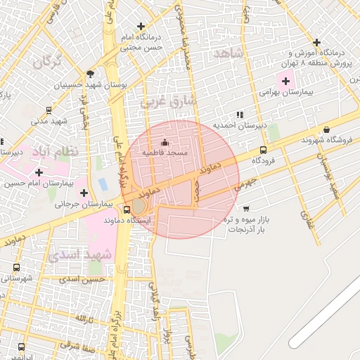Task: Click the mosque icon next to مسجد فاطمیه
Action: (165, 143)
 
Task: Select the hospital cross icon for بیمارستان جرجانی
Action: (84, 193)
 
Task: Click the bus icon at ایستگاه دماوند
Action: (127, 209)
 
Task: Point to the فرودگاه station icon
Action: (263, 150)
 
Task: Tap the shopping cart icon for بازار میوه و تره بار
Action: (245, 208)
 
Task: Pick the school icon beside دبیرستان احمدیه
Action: (240, 114)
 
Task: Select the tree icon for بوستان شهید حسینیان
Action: (89, 74)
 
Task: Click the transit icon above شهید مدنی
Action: (48, 110)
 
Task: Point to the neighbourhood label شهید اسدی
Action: (79, 254)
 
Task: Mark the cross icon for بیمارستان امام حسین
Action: (38, 172)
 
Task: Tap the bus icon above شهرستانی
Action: (16, 267)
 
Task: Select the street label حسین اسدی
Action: (82, 279)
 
